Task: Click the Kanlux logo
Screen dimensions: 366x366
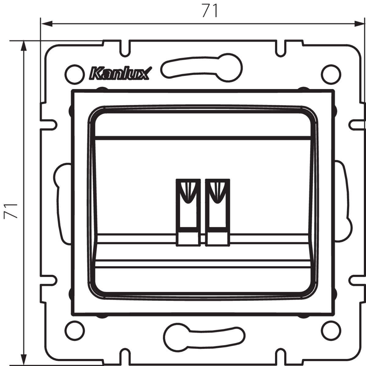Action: click(120, 73)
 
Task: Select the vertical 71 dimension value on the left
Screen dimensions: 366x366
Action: click(11, 211)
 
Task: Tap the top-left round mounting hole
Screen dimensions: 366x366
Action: click(75, 74)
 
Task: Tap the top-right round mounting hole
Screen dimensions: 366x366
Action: click(331, 74)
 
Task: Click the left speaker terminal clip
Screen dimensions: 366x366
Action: click(188, 213)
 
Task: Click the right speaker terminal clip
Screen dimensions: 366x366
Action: click(218, 213)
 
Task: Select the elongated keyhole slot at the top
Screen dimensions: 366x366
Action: click(201, 68)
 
